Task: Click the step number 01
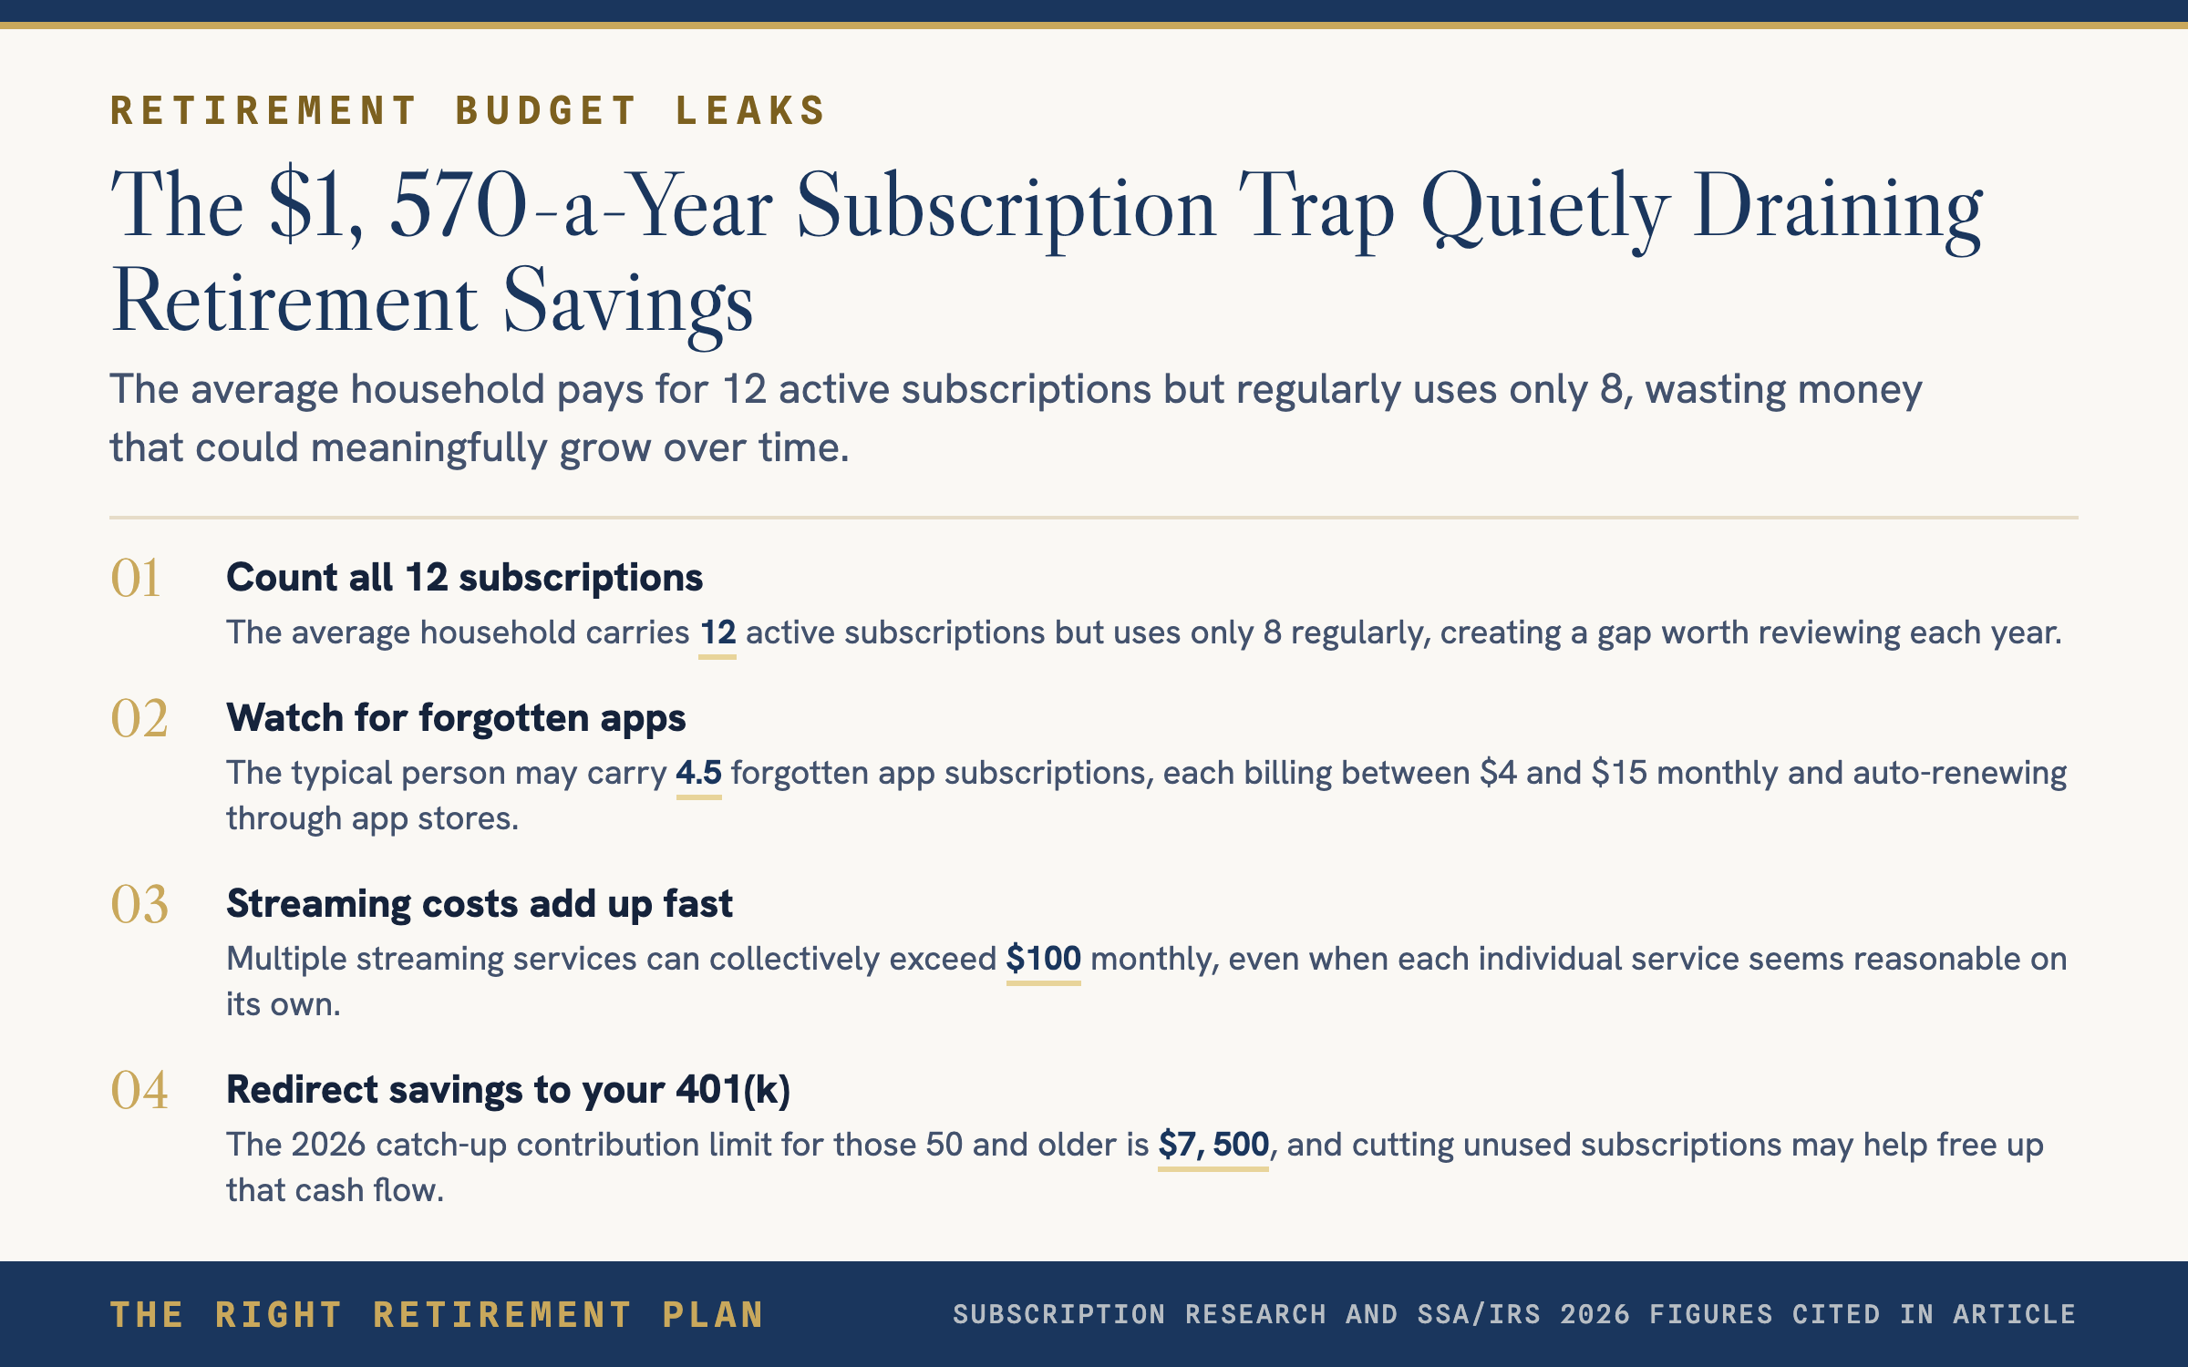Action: coord(136,578)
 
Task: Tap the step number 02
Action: coord(139,718)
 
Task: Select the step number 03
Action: coord(139,904)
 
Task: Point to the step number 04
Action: coord(139,1090)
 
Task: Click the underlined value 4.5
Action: coord(698,773)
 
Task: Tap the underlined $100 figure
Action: coord(1043,959)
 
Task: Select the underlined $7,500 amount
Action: coord(1213,1145)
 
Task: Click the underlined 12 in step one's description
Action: coord(717,632)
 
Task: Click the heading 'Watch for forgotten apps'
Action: coord(456,718)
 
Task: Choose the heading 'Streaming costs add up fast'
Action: coord(480,904)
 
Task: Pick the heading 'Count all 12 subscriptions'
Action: coord(465,578)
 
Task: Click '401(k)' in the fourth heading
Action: coord(733,1090)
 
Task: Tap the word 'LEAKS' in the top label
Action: coord(750,111)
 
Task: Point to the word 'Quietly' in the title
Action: coord(1545,208)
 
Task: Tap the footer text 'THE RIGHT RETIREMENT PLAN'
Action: coord(437,1315)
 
